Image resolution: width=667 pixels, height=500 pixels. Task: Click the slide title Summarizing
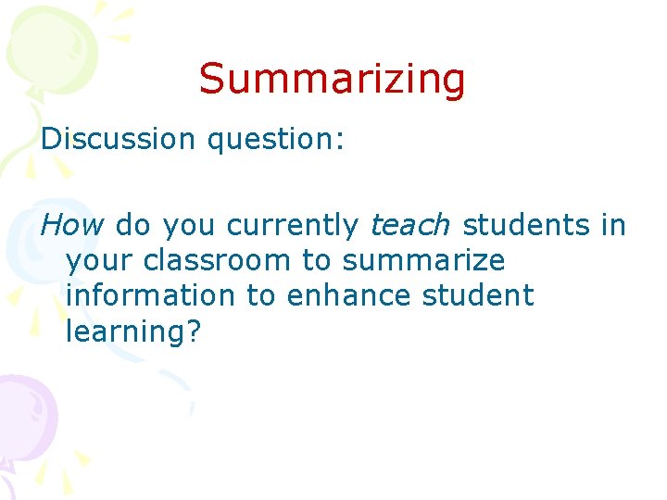pyautogui.click(x=332, y=79)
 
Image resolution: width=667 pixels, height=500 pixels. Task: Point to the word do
pyautogui.click(x=132, y=225)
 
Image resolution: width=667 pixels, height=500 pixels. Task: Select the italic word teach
pyautogui.click(x=409, y=225)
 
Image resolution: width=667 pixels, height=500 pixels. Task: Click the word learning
pyautogui.click(x=125, y=332)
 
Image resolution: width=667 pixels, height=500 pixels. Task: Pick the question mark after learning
pyautogui.click(x=192, y=331)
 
